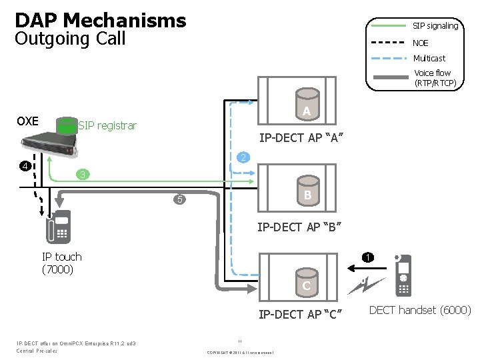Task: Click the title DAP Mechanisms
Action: [100, 20]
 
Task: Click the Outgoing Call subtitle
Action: [70, 39]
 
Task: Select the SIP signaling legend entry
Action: [435, 26]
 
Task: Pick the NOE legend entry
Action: [421, 43]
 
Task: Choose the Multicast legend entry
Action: [429, 59]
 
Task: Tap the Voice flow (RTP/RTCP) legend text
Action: [434, 78]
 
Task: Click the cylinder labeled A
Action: [306, 110]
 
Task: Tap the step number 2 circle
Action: [244, 158]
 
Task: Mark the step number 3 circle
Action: [81, 175]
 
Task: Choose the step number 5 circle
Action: [179, 199]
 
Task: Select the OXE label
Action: [27, 121]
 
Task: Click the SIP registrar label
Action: [107, 125]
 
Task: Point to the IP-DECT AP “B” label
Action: [300, 227]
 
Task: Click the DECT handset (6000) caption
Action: [420, 310]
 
